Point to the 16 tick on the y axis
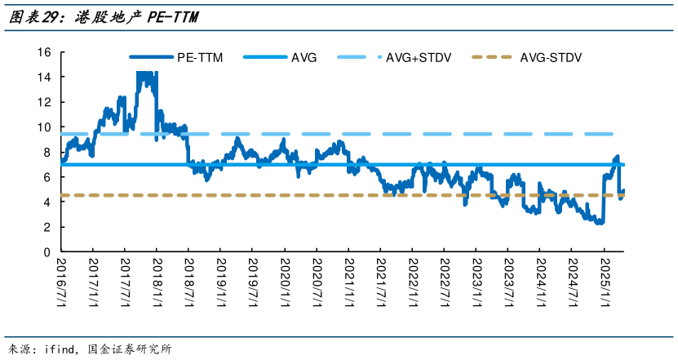click(x=44, y=52)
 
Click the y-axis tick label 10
click(x=44, y=127)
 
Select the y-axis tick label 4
click(x=47, y=202)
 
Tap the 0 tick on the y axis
click(x=47, y=252)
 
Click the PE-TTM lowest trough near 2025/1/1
click(x=600, y=221)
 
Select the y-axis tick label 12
click(x=44, y=102)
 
